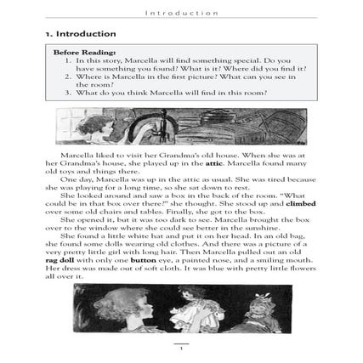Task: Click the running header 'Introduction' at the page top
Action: click(x=181, y=13)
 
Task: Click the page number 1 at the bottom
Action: click(x=180, y=348)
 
